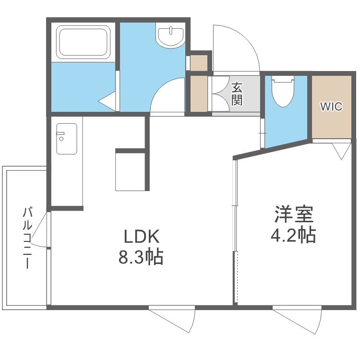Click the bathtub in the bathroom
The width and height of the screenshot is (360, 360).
(x=83, y=42)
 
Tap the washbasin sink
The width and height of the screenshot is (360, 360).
(x=170, y=36)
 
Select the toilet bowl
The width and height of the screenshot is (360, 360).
(x=283, y=91)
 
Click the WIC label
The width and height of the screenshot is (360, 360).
(x=331, y=107)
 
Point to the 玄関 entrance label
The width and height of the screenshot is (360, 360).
(x=237, y=94)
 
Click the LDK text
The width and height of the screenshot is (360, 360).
(x=142, y=237)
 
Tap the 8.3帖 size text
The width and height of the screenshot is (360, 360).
(x=141, y=256)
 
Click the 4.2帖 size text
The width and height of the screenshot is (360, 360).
(x=293, y=235)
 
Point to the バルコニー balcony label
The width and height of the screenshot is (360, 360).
(x=27, y=238)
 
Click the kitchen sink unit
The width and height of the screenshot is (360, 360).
(x=67, y=139)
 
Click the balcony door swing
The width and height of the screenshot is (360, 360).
(x=40, y=229)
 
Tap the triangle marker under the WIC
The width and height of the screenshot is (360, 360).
(x=341, y=151)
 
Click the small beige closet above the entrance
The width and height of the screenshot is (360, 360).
(x=199, y=63)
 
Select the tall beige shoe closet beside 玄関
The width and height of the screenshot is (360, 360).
(x=199, y=94)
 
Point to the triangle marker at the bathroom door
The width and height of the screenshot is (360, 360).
(x=107, y=101)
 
